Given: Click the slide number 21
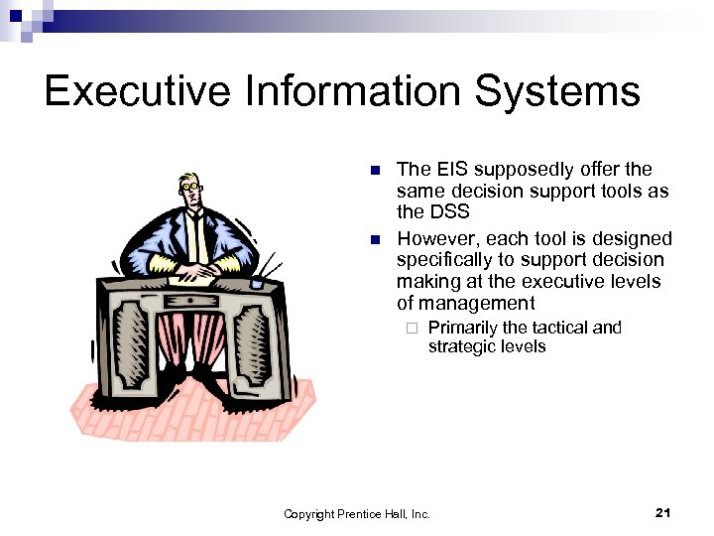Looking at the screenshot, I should click(x=663, y=512).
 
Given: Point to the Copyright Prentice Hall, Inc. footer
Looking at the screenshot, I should click(x=357, y=513).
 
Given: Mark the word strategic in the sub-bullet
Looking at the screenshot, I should click(x=487, y=346).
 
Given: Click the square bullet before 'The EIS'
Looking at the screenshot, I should click(x=374, y=171).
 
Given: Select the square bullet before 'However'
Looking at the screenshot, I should click(x=374, y=240).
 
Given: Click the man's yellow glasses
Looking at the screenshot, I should click(x=190, y=186).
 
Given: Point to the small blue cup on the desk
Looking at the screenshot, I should click(x=257, y=282).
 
